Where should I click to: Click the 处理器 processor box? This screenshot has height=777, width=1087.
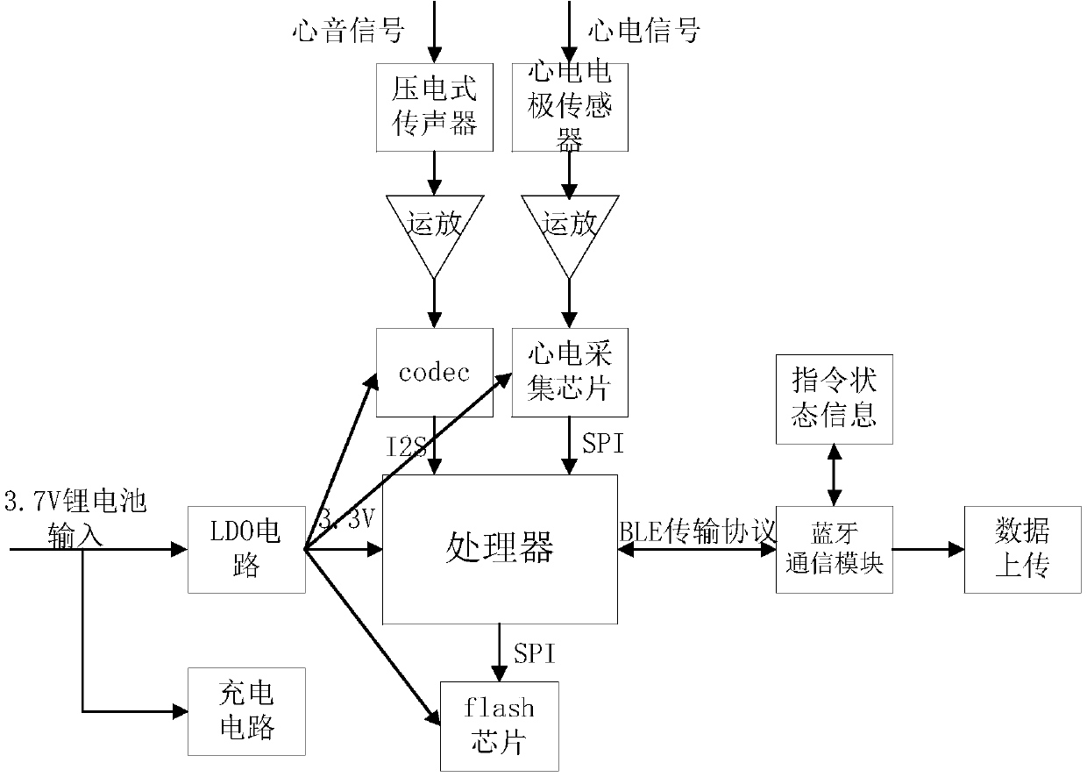500,549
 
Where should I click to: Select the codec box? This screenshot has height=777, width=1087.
434,372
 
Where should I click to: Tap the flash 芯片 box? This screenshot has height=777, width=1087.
500,726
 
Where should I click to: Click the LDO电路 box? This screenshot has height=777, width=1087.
246,549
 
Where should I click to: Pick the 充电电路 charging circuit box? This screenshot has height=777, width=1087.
246,711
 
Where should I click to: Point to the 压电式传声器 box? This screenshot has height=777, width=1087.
434,107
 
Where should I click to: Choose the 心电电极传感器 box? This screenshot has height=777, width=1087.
570,107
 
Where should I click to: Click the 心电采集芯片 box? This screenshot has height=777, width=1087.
570,372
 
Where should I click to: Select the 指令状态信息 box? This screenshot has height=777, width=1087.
835,399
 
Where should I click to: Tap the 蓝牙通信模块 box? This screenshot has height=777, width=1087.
835,549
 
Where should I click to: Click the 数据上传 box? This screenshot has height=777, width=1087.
1022,549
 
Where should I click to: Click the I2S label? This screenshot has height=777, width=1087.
406,447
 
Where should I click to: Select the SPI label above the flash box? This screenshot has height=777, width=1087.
534,653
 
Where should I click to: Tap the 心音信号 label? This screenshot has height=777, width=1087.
348,31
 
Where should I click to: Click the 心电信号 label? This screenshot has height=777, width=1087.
644,31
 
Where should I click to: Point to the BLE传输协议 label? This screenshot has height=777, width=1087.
698,531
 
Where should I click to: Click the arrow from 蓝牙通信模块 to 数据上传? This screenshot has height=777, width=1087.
928,549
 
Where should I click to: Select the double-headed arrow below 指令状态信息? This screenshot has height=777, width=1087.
835,475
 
